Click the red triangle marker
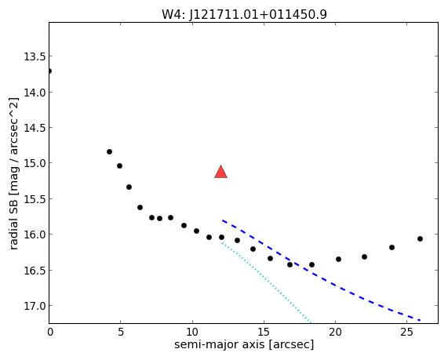tap(220, 172)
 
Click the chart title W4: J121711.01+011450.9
tap(244, 14)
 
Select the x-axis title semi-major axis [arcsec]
tap(244, 344)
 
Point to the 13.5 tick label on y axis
tap(35, 56)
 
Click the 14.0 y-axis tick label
tap(35, 93)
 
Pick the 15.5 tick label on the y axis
tap(35, 199)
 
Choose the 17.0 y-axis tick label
tap(35, 306)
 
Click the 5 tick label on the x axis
tap(121, 333)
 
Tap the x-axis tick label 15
tap(264, 333)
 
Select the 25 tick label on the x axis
tap(406, 333)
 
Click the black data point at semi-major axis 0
tap(49, 71)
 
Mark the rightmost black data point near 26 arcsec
tap(420, 239)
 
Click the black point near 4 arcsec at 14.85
tap(109, 151)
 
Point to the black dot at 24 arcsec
tap(392, 247)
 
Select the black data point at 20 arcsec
tap(339, 259)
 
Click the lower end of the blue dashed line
tap(421, 320)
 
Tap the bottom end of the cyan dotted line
tap(311, 323)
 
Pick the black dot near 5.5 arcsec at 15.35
tap(129, 187)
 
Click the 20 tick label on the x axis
tap(335, 333)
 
